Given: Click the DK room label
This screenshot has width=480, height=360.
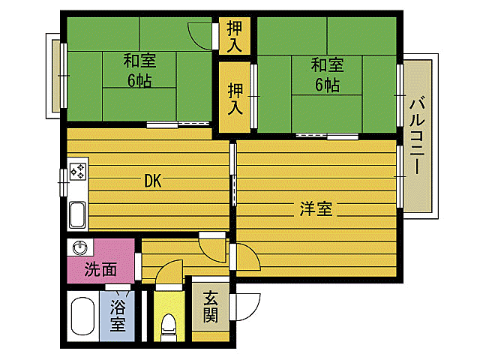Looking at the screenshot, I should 153,181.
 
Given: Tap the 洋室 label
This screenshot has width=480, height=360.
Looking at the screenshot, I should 316,208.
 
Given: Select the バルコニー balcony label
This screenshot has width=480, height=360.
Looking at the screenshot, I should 418,134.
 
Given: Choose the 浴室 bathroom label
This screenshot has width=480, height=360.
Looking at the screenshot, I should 118,315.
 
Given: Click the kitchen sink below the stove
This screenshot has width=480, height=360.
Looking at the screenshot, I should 78,214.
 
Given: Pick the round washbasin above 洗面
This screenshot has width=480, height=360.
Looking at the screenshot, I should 80,247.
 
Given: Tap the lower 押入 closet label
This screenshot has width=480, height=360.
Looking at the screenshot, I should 235,97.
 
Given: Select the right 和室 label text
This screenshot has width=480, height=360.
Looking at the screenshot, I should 327,64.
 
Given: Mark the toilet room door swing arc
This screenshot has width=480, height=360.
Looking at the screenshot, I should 169,272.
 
